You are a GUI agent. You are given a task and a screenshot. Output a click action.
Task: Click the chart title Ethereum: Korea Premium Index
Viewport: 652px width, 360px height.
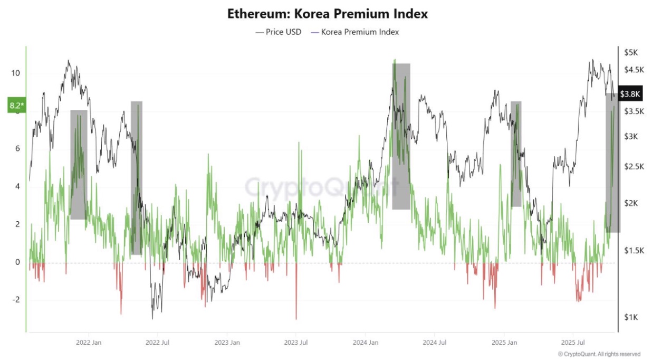327,14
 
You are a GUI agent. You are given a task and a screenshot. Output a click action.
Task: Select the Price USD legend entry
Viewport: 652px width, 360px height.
279,32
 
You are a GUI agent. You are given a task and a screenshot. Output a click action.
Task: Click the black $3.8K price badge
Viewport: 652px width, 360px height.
630,94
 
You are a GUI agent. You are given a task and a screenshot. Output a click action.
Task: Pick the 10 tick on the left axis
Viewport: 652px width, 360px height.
15,73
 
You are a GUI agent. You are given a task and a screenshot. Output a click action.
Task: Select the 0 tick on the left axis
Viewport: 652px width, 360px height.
17,262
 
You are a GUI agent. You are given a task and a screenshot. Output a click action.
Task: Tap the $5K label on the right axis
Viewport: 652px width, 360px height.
631,53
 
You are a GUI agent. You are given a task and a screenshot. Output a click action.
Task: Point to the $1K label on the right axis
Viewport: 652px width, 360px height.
631,317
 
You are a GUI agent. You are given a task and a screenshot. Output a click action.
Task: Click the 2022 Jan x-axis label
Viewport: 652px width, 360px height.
89,342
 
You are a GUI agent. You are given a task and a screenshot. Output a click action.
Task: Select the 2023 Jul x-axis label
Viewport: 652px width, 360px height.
296,342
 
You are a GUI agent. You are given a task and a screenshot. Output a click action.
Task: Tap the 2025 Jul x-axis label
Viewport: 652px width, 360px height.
573,342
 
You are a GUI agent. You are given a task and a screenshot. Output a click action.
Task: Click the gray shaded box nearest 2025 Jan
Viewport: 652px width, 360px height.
516,154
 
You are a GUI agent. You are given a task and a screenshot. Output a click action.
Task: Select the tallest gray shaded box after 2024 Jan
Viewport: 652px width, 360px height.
401,136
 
